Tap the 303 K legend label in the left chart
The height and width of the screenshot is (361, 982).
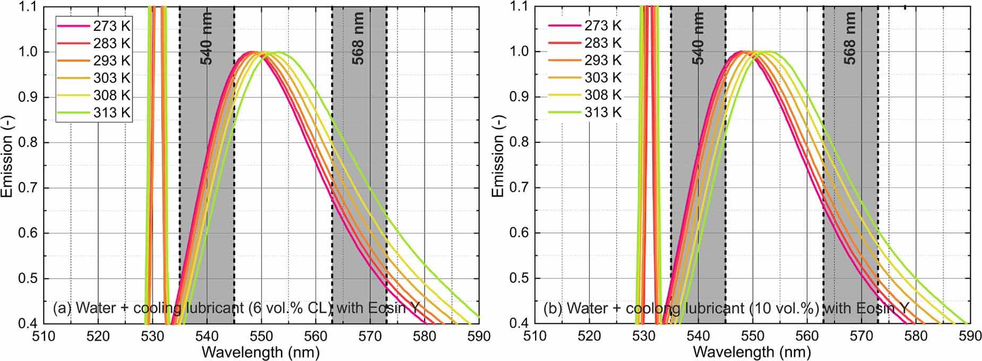(x=112, y=78)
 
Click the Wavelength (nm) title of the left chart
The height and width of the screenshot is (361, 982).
(x=261, y=352)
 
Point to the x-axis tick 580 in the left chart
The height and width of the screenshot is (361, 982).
(x=425, y=336)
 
